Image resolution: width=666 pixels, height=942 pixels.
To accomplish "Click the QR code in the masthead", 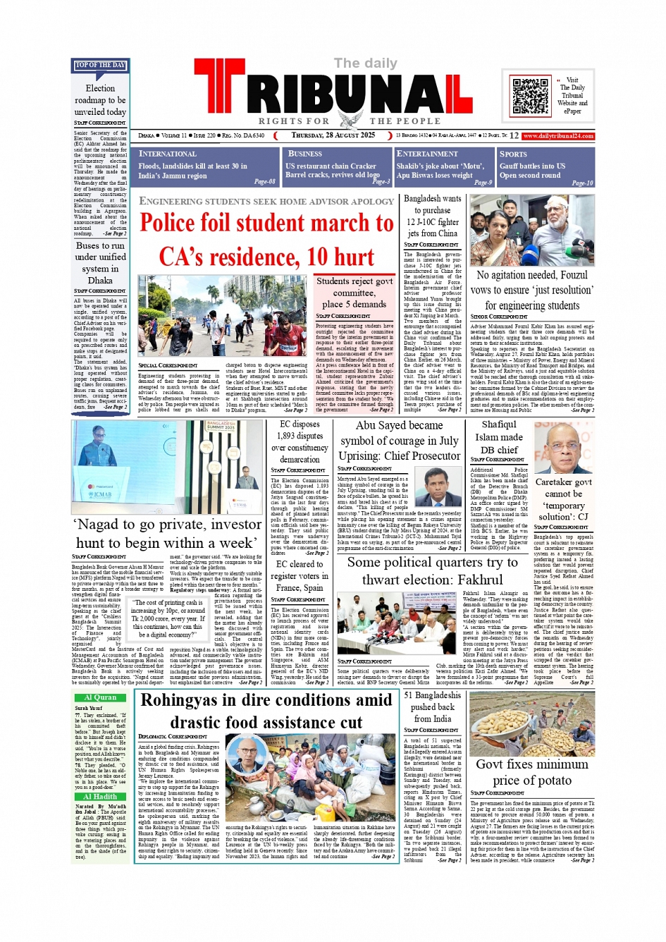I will point(530,96).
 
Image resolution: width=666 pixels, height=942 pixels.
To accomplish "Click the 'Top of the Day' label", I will point(100,66).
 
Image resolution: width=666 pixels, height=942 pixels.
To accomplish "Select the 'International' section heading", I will point(168,154).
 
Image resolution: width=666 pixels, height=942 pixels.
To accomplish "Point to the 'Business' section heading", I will point(305,154).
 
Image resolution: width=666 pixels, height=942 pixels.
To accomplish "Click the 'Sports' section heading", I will point(513,154).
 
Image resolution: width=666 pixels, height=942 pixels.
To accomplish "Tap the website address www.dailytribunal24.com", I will point(558,136).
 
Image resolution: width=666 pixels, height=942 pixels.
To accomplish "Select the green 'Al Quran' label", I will point(100,698).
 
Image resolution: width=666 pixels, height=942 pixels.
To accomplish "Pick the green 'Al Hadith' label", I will point(100,797).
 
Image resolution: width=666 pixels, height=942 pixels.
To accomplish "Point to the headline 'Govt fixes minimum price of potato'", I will point(532,772).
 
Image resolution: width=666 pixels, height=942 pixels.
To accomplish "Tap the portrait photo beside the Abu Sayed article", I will point(438,487).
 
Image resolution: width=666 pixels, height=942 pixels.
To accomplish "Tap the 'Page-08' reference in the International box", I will point(264,182).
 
